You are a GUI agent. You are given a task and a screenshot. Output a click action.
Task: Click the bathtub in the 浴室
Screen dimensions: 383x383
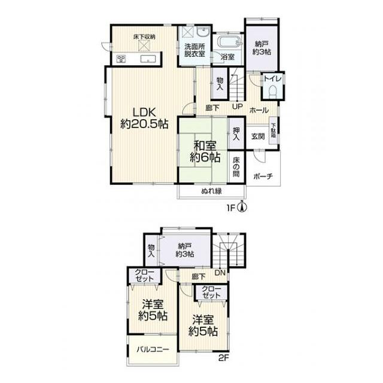tap(230, 42)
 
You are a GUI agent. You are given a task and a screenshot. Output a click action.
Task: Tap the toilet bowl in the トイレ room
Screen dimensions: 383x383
tap(272, 92)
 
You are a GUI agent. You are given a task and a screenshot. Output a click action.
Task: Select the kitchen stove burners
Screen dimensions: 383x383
tap(121, 59)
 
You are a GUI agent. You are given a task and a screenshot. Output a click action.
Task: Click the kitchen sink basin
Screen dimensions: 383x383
tap(148, 59)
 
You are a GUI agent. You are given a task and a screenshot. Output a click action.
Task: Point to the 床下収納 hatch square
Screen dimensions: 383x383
tap(144, 45)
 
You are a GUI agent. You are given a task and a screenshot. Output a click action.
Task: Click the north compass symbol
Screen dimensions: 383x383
tap(242, 207)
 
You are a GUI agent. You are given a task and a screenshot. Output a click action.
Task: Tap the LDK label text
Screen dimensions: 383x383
tap(144, 113)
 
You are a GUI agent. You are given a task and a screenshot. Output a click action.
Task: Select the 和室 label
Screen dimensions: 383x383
tap(205, 146)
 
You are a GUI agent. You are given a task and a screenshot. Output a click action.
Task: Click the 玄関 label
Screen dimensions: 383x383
tap(258, 136)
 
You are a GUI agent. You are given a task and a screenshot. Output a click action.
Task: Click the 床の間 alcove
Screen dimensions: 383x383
tap(236, 167)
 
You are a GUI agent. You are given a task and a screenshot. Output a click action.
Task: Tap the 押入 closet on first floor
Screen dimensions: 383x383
tap(236, 133)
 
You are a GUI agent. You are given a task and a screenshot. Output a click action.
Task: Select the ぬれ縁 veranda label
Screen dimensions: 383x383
tap(211, 191)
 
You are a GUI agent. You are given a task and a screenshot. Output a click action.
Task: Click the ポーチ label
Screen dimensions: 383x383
tap(263, 176)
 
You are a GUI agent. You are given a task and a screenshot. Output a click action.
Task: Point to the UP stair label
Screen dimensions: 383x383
tap(237, 107)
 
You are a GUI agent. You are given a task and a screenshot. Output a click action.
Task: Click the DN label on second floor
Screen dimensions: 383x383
tap(220, 273)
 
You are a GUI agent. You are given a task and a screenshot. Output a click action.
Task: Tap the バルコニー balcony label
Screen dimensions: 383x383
tap(153, 349)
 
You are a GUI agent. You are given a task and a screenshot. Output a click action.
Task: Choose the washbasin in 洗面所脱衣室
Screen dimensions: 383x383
tap(203, 32)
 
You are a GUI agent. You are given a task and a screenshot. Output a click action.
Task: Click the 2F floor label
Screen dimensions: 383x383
tap(223, 358)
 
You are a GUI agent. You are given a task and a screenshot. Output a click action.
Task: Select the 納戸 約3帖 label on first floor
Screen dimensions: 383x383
tap(262, 48)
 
